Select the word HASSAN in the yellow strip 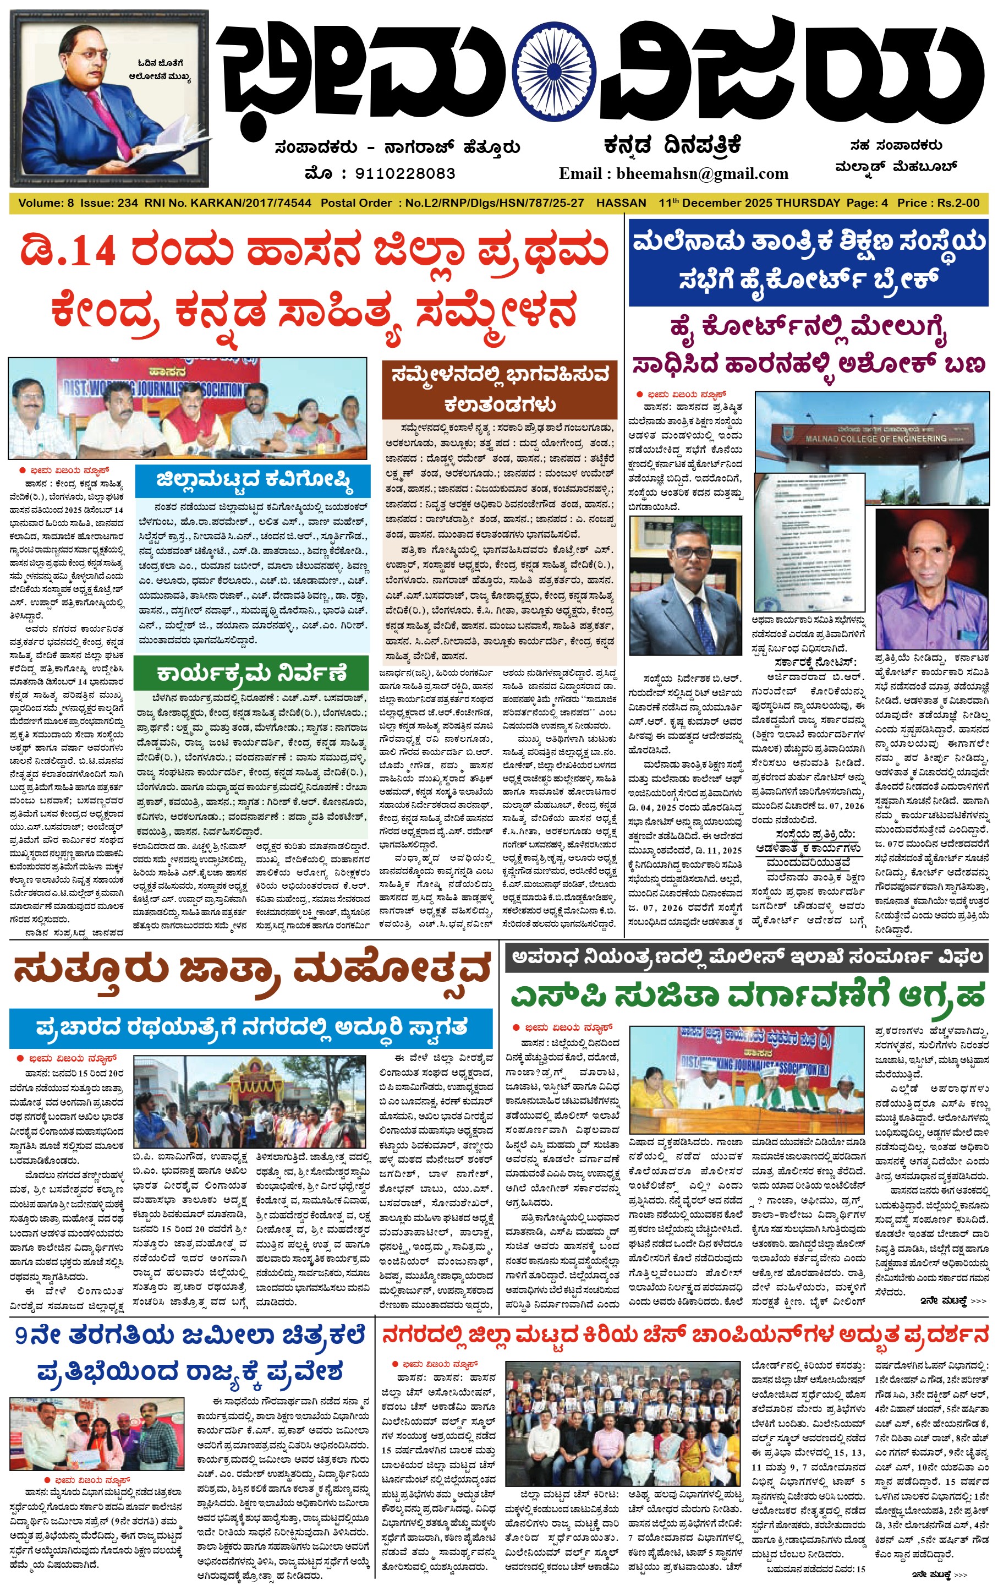pos(621,203)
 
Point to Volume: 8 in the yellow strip pos(46,203)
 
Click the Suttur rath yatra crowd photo pos(250,1101)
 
